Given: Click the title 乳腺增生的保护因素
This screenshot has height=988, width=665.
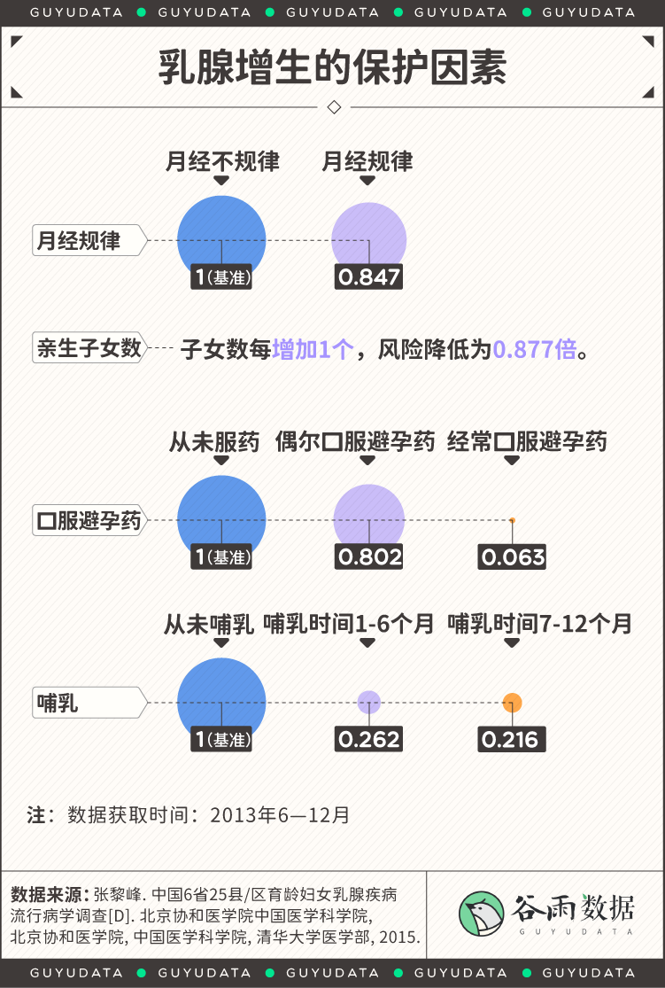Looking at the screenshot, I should click(332, 66).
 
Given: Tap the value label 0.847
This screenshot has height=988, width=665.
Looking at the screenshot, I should click(368, 276).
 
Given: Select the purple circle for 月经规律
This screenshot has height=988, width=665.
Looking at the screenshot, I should click(369, 239).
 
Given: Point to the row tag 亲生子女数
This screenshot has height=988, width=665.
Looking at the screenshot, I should click(89, 348).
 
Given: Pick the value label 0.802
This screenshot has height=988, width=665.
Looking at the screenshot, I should click(369, 556).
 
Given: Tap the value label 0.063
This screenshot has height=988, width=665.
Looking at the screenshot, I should click(512, 556).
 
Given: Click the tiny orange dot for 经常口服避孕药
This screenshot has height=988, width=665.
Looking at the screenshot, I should click(512, 520).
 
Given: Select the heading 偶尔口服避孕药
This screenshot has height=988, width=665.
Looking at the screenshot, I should click(355, 441).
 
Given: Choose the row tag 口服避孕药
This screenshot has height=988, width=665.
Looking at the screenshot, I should click(89, 520).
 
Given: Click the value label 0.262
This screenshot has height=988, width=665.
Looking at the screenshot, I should click(369, 738).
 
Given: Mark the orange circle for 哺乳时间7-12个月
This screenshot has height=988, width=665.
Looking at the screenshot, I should click(512, 703).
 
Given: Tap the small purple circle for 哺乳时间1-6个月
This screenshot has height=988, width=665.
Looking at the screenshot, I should click(369, 702).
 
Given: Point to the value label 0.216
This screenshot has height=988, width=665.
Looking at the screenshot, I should click(512, 738).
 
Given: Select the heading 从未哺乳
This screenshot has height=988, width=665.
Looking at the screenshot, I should click(209, 624).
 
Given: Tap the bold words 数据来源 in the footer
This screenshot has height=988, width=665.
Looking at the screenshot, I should click(50, 892).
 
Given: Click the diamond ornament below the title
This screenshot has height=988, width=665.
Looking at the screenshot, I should click(334, 106).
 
